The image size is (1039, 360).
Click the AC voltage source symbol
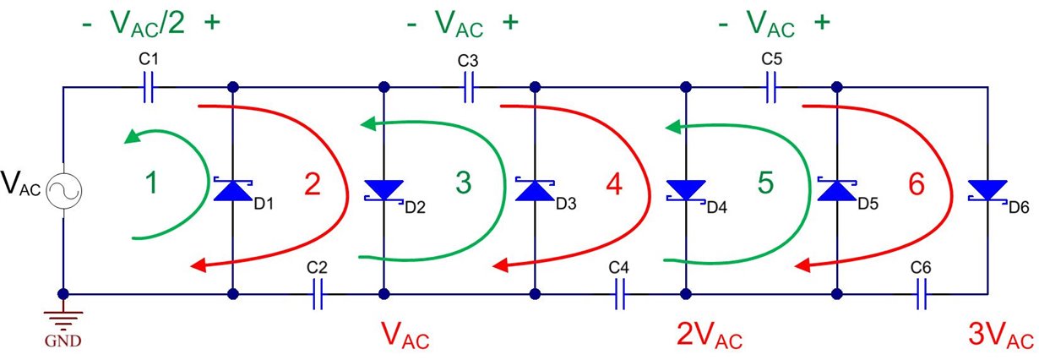point(64,189)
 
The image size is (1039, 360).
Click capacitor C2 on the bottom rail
point(317,295)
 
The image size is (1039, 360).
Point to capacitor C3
point(468,87)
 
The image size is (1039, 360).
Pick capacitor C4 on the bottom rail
point(620,295)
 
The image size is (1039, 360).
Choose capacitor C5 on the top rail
point(771,87)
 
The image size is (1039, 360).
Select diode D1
point(232,190)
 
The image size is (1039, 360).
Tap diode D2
point(384,190)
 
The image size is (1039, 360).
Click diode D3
point(535,190)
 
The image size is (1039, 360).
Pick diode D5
point(837,190)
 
